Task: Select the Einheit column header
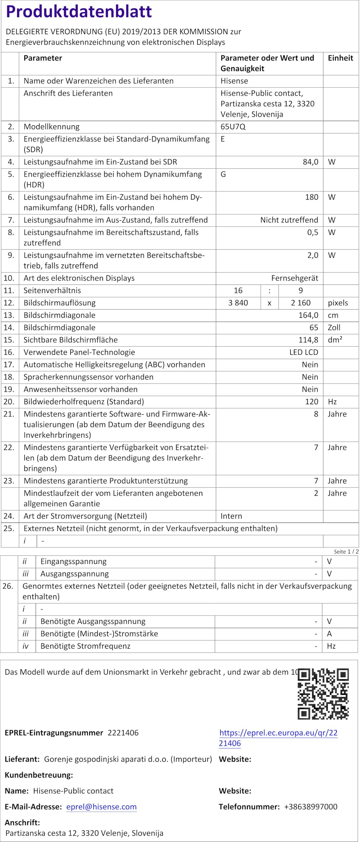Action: click(x=340, y=58)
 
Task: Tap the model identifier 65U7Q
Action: click(x=233, y=127)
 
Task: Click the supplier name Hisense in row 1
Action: click(x=234, y=81)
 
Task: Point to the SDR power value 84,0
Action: click(x=310, y=162)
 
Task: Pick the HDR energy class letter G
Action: click(x=223, y=174)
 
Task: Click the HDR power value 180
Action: click(x=311, y=197)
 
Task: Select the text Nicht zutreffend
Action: click(x=289, y=220)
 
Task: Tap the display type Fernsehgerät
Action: click(x=295, y=278)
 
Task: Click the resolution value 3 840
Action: click(x=238, y=303)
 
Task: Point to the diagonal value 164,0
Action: click(x=308, y=315)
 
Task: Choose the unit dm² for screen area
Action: click(x=335, y=340)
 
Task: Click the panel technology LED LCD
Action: click(x=303, y=352)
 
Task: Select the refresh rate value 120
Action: click(x=311, y=402)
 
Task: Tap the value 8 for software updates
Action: click(x=316, y=414)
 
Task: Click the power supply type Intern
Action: click(x=231, y=516)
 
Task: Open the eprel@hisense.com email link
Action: click(x=101, y=806)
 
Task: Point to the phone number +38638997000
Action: click(x=311, y=806)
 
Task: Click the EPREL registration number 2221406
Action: click(x=123, y=733)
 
